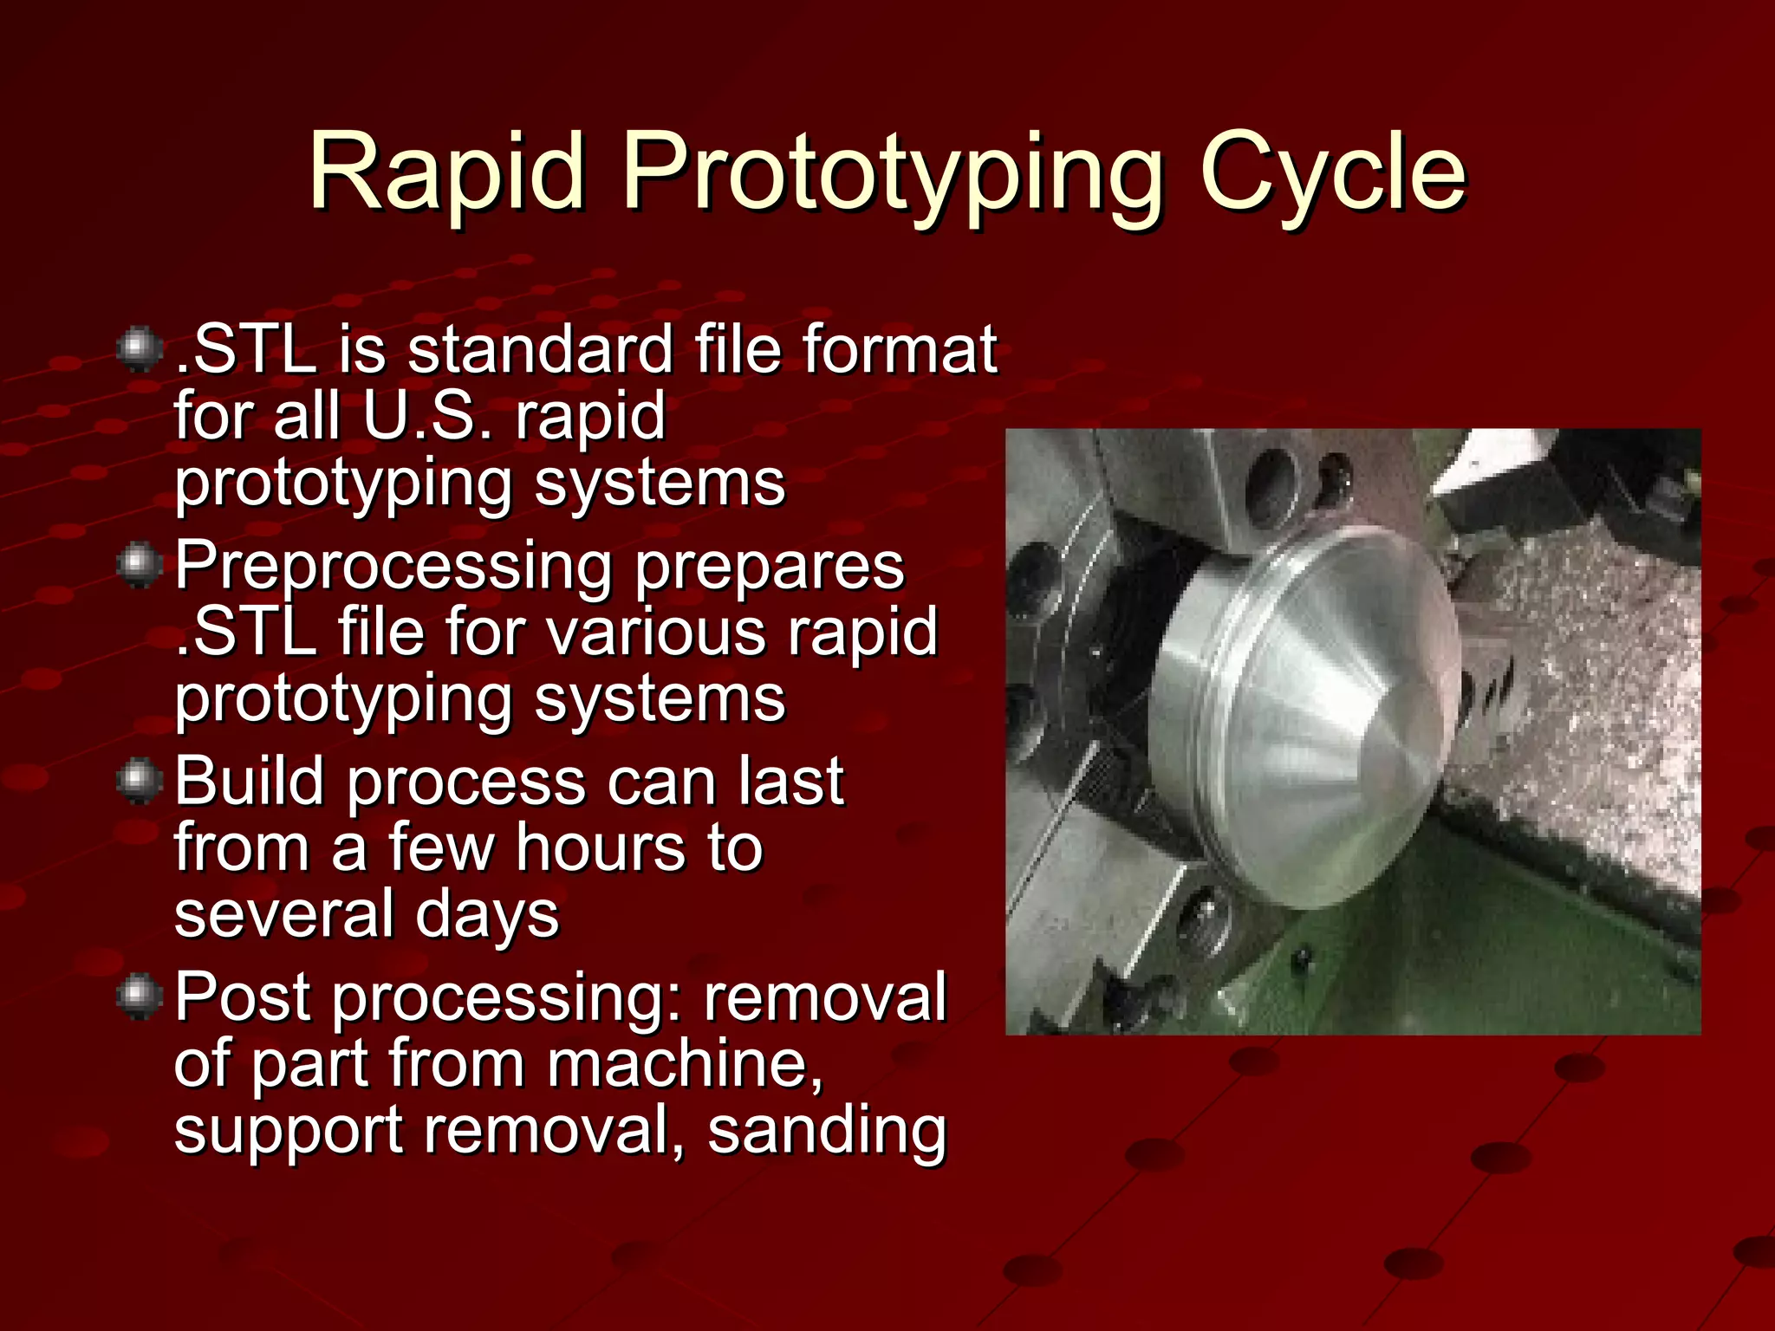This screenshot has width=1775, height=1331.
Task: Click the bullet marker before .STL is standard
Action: [139, 350]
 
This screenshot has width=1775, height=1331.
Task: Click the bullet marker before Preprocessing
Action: [139, 565]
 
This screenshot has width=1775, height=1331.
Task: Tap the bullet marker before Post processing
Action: [139, 997]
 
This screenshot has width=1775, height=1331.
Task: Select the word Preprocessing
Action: [394, 567]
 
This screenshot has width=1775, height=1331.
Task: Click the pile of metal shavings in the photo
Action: [1595, 719]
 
